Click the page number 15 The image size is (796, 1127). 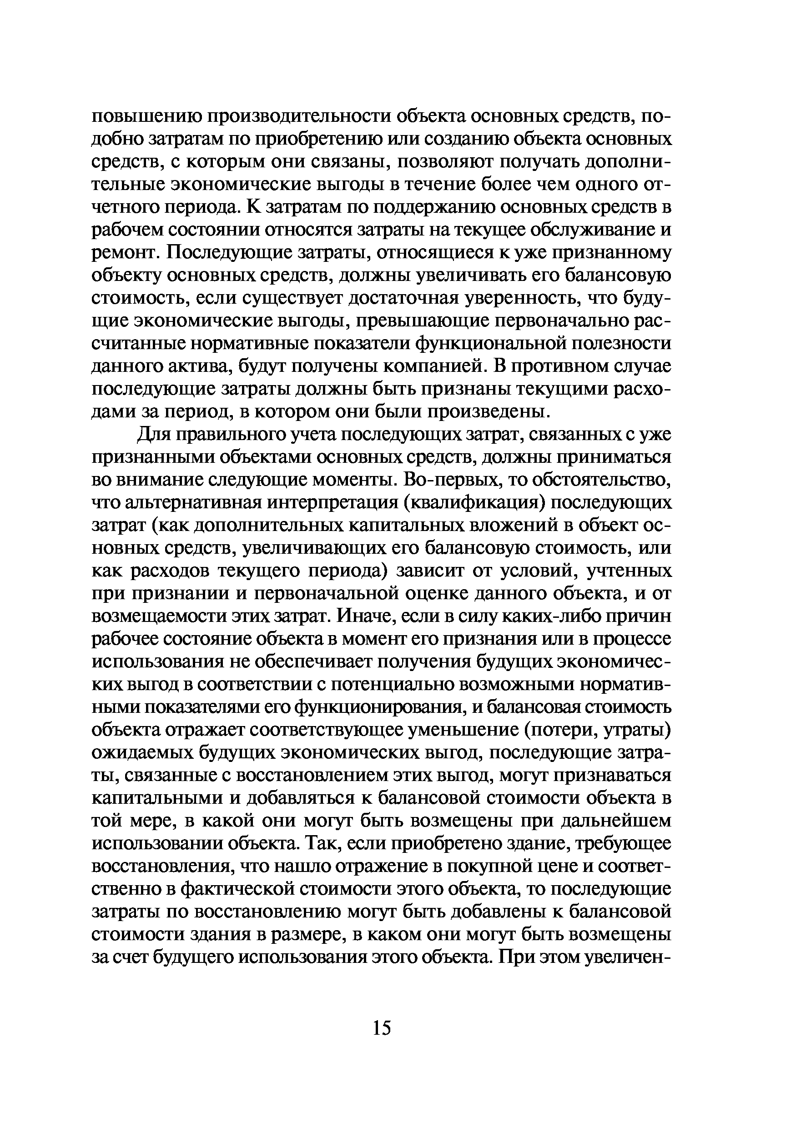(x=382, y=1027)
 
